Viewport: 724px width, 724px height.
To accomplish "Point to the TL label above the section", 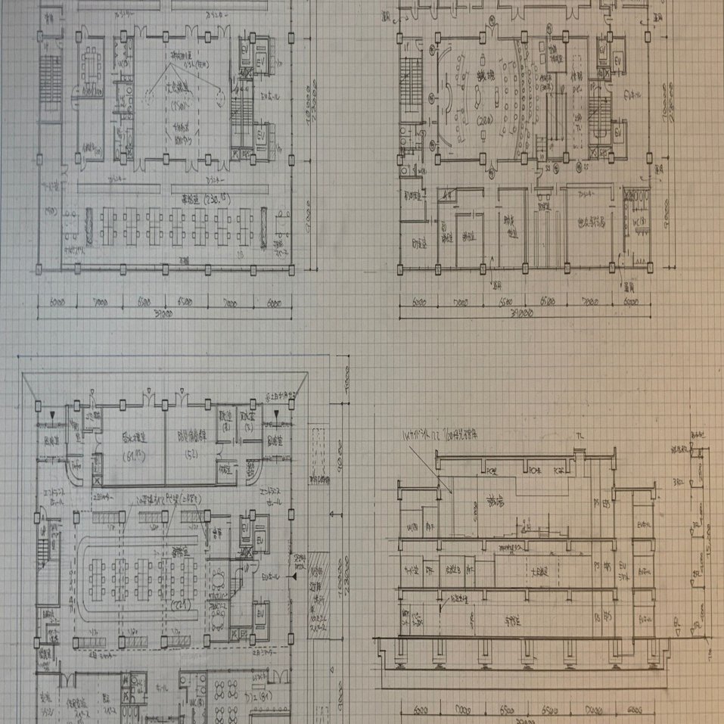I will [579, 437].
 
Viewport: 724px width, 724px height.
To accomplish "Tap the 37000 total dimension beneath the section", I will [522, 721].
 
